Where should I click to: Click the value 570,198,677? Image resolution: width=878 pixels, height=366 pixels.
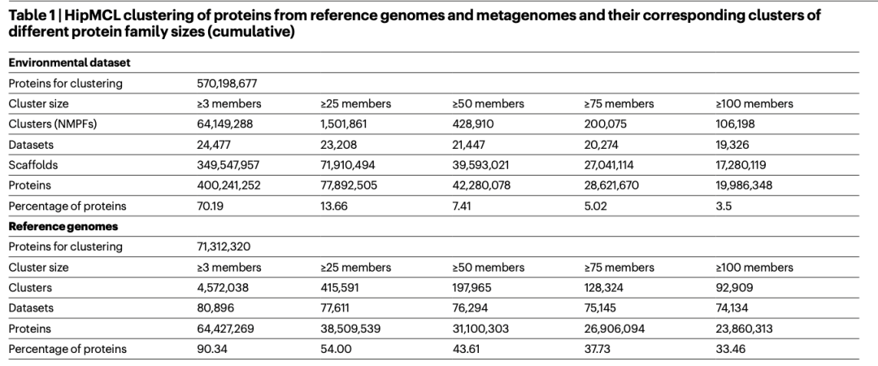tap(228, 83)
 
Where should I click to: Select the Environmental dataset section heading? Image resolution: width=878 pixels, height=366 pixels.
tap(58, 63)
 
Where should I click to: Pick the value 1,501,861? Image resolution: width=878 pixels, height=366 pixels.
tap(345, 124)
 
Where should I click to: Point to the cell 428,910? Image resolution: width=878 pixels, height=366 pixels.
tap(473, 124)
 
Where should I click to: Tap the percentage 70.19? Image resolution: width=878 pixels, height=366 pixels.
tap(210, 206)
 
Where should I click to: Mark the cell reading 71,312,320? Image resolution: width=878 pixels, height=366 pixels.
tap(223, 246)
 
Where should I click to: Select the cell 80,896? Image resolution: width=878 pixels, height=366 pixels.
tap(213, 308)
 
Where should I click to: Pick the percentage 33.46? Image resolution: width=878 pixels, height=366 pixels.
tap(730, 349)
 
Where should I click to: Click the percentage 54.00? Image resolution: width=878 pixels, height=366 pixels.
tap(336, 349)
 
